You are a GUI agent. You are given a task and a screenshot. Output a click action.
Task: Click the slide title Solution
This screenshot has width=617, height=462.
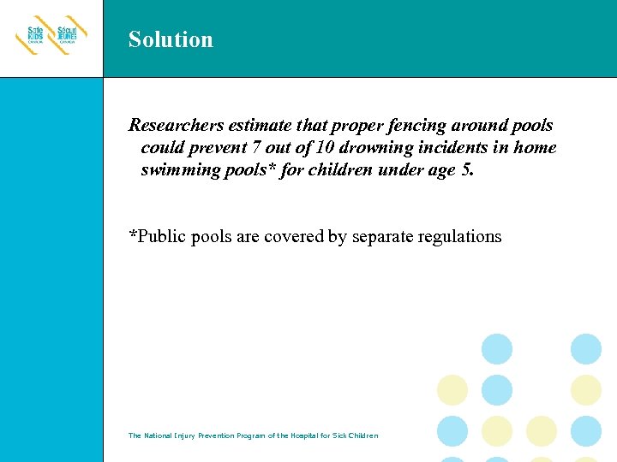click(x=171, y=39)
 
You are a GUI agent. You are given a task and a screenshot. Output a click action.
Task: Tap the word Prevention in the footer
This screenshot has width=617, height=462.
click(x=221, y=435)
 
